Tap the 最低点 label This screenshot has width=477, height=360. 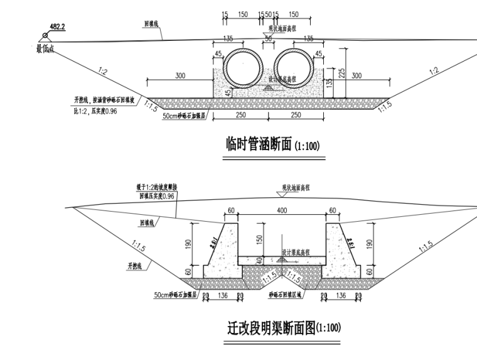[x=45, y=48]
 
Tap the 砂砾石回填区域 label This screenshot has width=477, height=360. [x=285, y=294]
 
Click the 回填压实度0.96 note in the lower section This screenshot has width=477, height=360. [x=156, y=195]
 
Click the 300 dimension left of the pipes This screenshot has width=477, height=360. [x=180, y=76]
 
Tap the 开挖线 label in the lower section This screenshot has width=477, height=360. [x=136, y=266]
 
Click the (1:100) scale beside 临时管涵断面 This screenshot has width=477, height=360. [x=307, y=147]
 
